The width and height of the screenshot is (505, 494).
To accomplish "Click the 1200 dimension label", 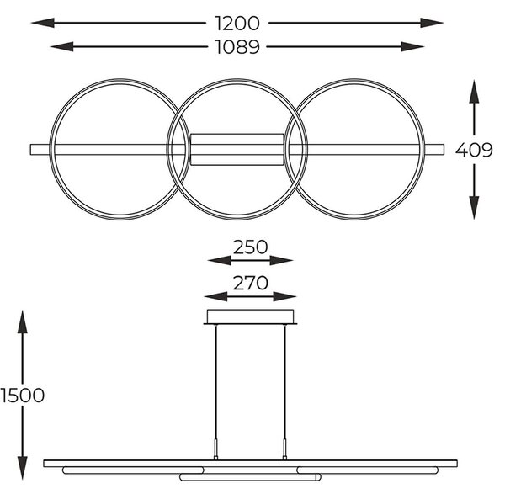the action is point(237,24).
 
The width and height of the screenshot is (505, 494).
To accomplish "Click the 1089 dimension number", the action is point(237,47).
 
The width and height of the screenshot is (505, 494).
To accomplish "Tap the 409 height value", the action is point(474,150).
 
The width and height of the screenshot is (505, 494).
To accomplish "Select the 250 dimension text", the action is point(250,247).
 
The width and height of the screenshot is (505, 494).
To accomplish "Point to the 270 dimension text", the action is point(250,283).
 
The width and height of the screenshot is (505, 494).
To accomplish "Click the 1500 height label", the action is point(23,396).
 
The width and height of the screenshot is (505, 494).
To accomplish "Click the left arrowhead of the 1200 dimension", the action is point(43,23).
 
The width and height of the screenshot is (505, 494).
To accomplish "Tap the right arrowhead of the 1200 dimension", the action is point(432,23).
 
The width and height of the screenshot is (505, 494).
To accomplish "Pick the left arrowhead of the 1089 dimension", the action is point(61,46).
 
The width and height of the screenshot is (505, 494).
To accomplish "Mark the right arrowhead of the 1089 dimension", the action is point(412,46).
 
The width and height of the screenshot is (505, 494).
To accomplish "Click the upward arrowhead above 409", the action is point(474,92).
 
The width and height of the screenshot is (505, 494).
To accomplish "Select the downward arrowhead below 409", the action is point(474,208).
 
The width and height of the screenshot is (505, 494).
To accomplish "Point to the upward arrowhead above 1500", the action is point(23,321).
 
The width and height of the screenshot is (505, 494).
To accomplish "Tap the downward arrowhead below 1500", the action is point(23,468).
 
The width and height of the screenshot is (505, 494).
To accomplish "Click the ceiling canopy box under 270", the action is point(250,317).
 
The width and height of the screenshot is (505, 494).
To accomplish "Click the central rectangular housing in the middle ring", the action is point(237,150).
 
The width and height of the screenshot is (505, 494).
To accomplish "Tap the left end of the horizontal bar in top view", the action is point(30,150).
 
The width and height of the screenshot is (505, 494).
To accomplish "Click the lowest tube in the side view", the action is point(250,477).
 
